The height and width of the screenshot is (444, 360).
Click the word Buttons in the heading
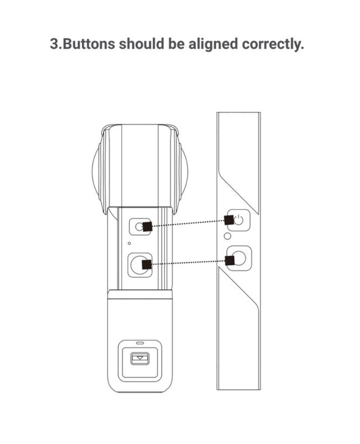coord(89,44)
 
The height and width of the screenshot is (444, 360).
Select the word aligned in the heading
coord(213,44)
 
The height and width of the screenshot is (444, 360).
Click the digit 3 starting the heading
coord(54,44)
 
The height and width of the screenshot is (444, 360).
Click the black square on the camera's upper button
coord(148,227)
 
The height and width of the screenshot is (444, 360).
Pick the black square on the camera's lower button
coord(147,264)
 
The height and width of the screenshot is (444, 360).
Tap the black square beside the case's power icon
coord(229,220)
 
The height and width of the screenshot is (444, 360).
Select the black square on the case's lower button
coord(230,260)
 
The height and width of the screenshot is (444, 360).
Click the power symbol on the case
coord(239,220)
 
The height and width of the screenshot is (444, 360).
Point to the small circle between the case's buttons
coord(227,236)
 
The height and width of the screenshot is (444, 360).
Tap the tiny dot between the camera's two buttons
coord(129,243)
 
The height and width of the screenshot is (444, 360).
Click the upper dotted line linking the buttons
coord(188,223)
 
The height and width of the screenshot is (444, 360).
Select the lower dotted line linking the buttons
coord(188,262)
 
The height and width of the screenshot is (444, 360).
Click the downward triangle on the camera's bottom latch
coord(140,358)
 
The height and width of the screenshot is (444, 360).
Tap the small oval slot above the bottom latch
coord(140,343)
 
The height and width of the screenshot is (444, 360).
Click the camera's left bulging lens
coord(96,171)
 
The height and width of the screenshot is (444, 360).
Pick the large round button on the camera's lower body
coord(139,265)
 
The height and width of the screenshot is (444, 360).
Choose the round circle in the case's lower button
coord(240,258)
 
